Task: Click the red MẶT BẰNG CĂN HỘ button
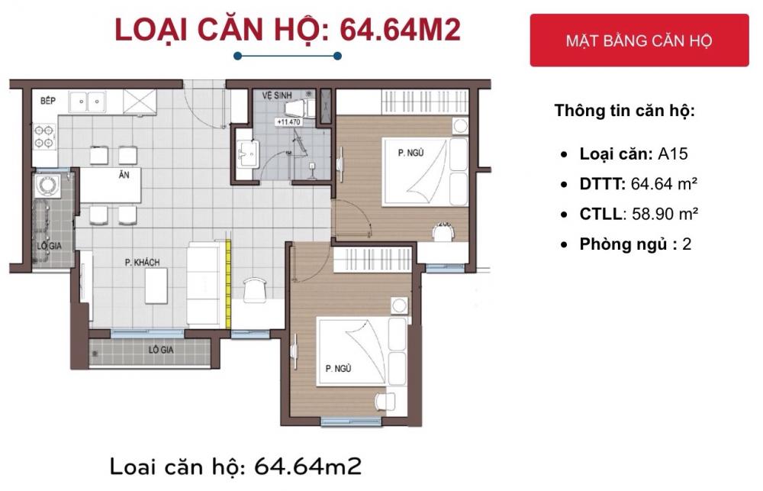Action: [639, 40]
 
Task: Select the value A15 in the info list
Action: [673, 153]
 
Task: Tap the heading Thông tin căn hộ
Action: [624, 110]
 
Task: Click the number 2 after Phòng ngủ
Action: [687, 244]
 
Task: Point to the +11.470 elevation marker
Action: [289, 121]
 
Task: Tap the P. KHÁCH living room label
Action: [142, 263]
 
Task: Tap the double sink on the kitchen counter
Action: [89, 101]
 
